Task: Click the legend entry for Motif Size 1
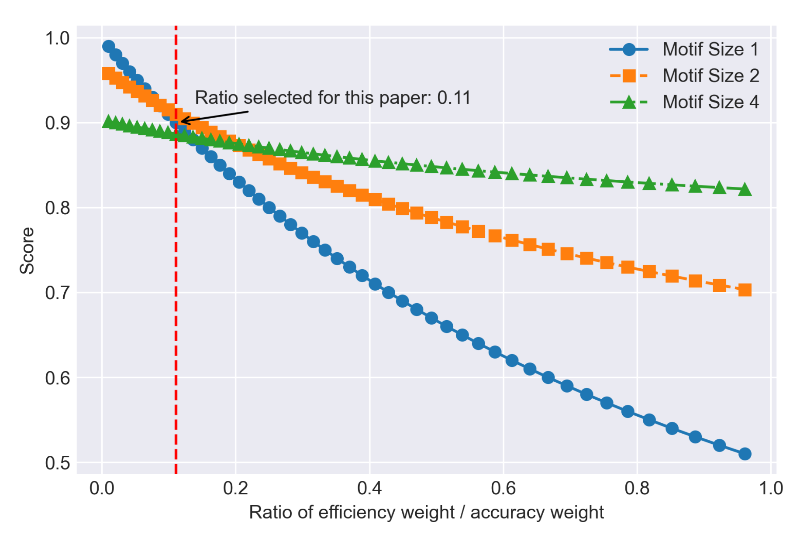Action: (x=710, y=49)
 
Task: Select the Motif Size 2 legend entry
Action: (x=710, y=75)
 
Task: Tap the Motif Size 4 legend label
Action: (x=710, y=102)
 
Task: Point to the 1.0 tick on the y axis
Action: (x=57, y=38)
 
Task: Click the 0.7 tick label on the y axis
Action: (x=57, y=293)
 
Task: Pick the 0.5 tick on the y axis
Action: (x=57, y=462)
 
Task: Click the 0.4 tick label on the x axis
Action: (x=369, y=488)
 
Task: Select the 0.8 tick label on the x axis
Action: (x=637, y=488)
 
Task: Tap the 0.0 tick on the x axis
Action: (x=102, y=488)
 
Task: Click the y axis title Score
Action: (x=27, y=250)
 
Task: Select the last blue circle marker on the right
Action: (x=745, y=454)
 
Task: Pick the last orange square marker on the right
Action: (x=745, y=290)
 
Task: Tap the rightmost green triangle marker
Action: (x=745, y=190)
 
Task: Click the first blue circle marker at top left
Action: (x=109, y=46)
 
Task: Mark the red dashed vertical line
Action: (x=176, y=305)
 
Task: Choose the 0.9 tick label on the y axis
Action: (x=57, y=123)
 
